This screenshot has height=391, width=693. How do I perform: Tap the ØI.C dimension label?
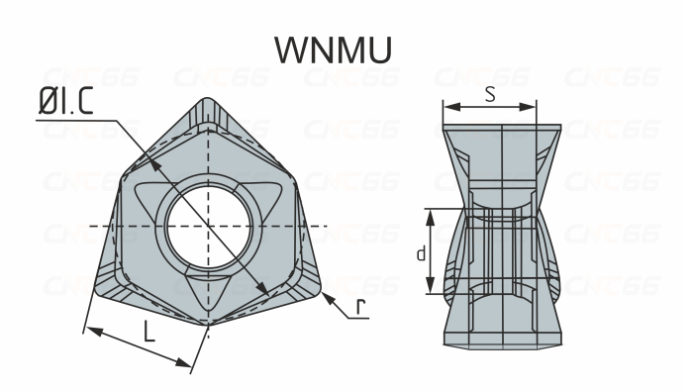pos(66,102)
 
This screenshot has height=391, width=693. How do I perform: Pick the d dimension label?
pos(421,253)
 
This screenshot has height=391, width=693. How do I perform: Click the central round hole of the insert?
pos(209,227)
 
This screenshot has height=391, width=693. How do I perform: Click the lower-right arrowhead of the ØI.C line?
pos(264,288)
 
